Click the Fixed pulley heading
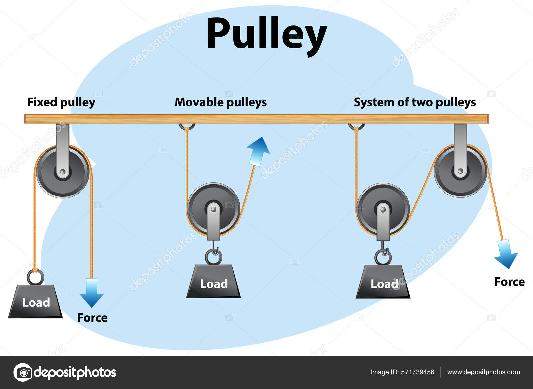[61, 102]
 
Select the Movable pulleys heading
[221, 102]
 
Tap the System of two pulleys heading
[415, 102]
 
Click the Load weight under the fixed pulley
[36, 302]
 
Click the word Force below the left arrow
[92, 318]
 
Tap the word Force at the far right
[509, 282]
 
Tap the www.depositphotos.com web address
[483, 372]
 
